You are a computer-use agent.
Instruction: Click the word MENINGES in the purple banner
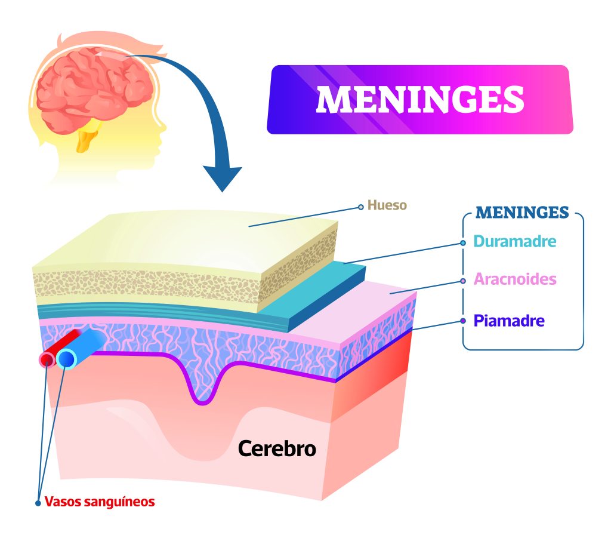(419, 99)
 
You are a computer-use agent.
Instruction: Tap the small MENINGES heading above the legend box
(523, 213)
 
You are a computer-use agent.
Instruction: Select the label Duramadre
(514, 242)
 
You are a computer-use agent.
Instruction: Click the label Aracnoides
(514, 279)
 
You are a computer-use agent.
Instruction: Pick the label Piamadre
(508, 321)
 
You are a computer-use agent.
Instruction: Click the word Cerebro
(277, 448)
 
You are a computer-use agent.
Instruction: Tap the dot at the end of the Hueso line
(360, 207)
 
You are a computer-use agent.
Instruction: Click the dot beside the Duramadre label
(463, 243)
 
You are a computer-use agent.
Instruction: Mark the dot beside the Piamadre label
(463, 321)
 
